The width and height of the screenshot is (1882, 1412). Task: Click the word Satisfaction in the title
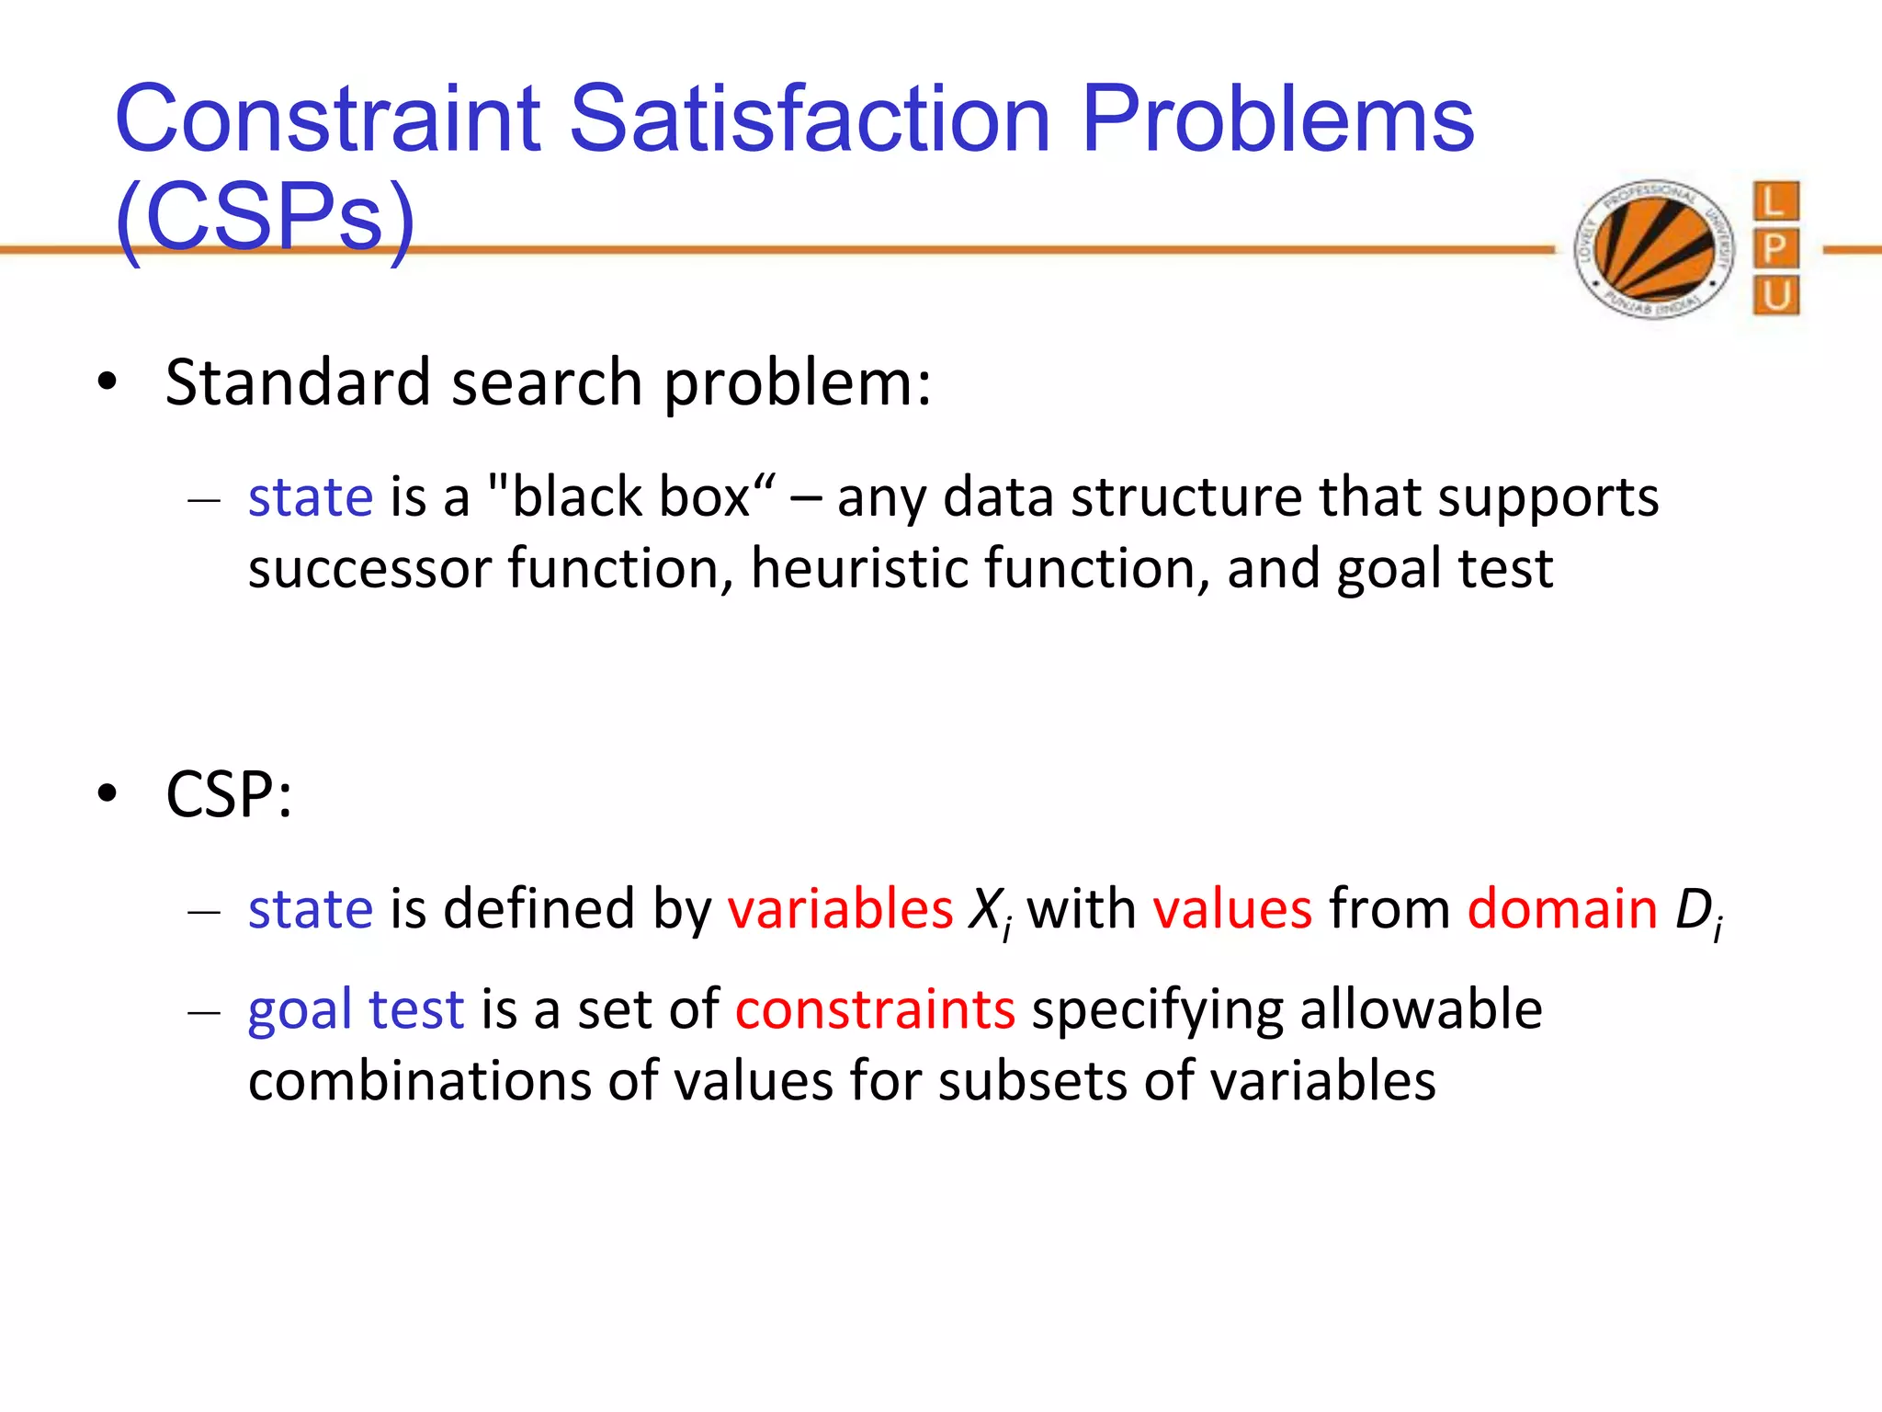point(809,120)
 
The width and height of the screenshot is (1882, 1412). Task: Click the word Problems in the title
point(1277,120)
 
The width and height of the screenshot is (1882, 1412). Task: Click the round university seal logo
point(1654,249)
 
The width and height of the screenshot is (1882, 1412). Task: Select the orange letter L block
point(1774,200)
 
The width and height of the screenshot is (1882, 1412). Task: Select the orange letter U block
point(1774,296)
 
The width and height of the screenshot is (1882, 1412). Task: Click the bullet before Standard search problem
point(108,382)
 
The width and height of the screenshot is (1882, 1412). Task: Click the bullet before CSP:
point(108,794)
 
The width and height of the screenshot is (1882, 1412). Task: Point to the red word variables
point(840,910)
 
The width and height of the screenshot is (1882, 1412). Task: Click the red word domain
point(1562,910)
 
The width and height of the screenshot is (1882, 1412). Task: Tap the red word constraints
point(875,1009)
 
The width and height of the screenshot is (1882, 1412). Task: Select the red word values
point(1232,910)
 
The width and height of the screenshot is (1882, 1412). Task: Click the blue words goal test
point(356,1009)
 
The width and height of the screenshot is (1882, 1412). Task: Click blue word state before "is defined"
point(311,910)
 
